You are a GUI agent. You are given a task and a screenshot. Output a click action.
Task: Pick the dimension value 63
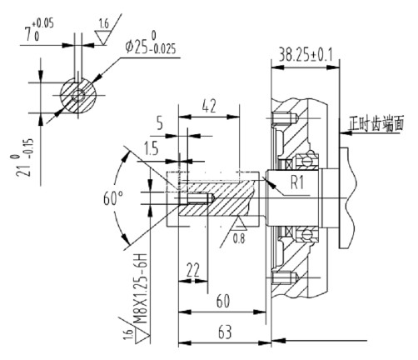(x=224, y=332)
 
